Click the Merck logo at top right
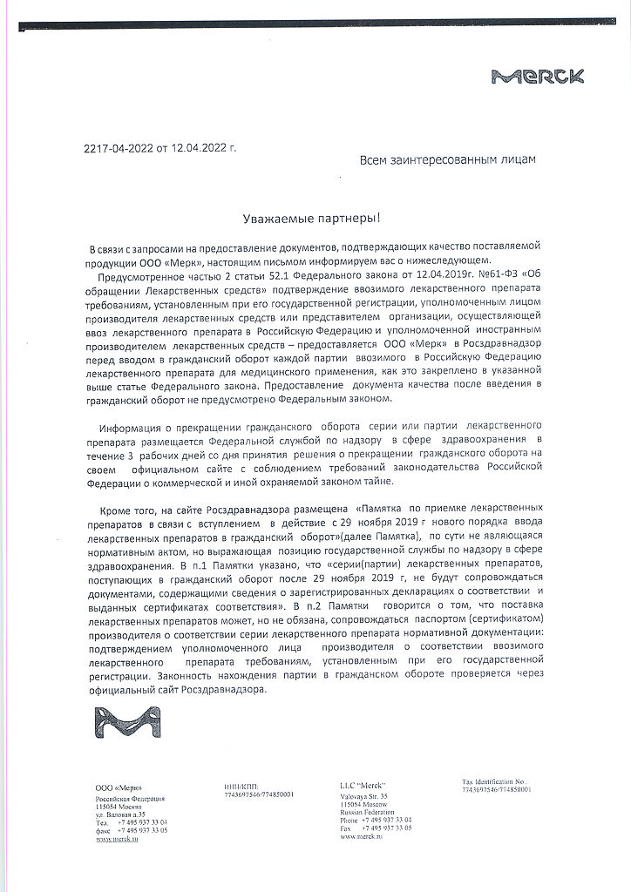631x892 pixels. [x=526, y=77]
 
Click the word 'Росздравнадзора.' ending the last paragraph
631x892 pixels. [x=223, y=689]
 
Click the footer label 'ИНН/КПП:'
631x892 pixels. [x=241, y=786]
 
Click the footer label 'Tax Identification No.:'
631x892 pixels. [x=496, y=781]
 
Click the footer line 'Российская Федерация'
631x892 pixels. [x=130, y=798]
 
